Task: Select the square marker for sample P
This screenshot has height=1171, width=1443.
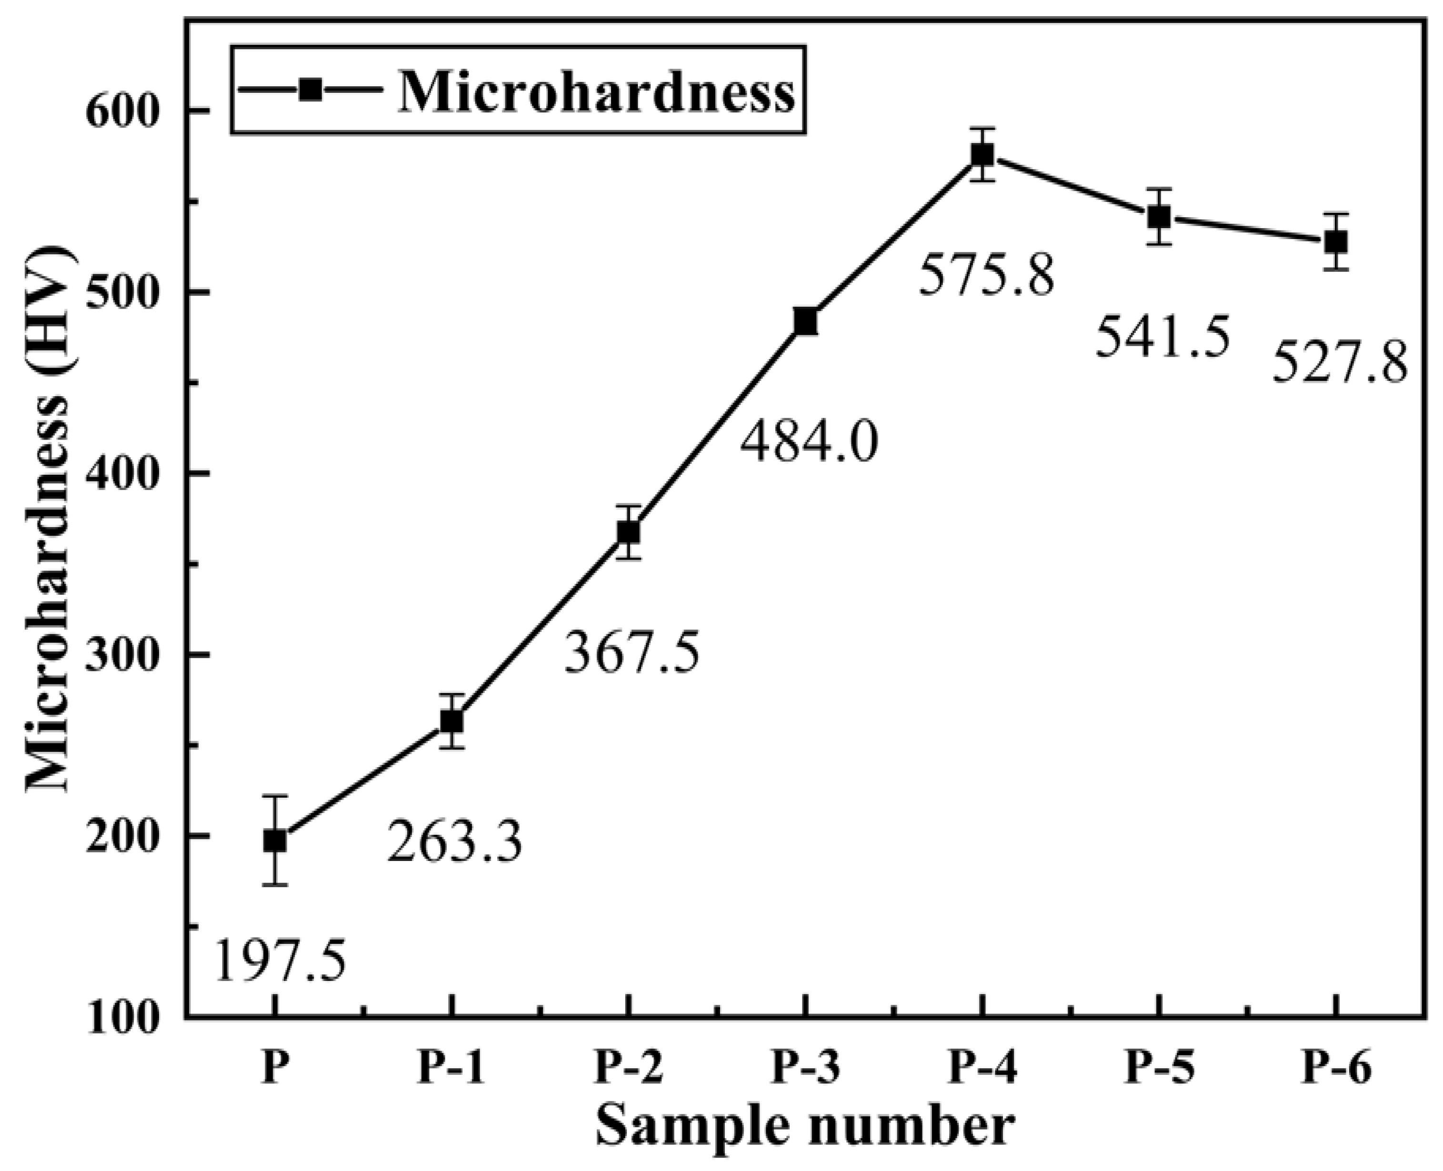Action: click(x=275, y=841)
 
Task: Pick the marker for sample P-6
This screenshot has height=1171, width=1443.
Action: click(x=1336, y=241)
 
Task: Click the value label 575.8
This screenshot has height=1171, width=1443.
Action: click(x=986, y=275)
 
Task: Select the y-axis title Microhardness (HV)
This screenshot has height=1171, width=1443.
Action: click(x=47, y=520)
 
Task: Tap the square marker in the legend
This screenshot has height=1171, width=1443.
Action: click(x=311, y=90)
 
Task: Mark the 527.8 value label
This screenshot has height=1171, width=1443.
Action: click(x=1340, y=363)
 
